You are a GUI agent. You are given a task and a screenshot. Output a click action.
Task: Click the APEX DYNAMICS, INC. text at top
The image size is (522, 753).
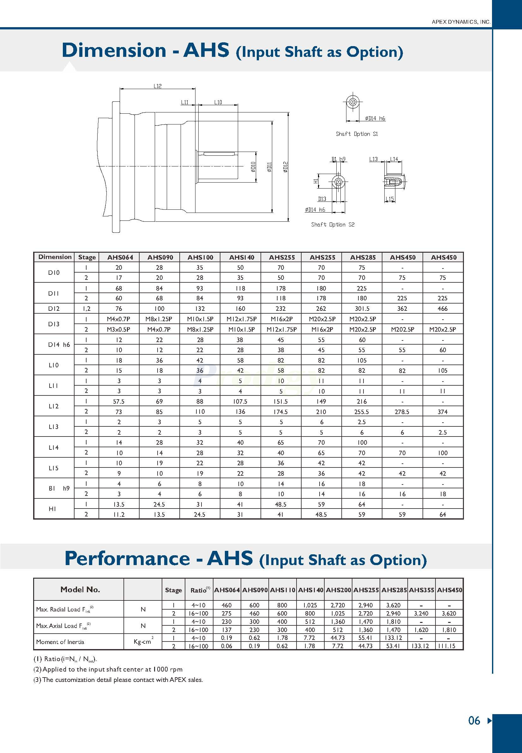point(461,22)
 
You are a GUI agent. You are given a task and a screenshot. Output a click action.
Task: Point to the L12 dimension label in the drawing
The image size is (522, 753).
point(158,86)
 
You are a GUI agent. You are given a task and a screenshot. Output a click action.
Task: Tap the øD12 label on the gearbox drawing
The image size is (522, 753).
point(285,167)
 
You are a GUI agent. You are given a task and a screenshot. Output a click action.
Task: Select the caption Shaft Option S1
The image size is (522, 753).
point(357,134)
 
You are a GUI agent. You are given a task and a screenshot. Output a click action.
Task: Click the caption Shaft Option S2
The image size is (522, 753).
point(333,224)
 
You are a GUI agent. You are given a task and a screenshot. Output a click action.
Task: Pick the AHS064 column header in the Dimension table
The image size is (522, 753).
point(120,257)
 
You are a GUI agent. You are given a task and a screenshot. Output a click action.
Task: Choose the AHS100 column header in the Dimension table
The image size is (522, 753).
point(200,257)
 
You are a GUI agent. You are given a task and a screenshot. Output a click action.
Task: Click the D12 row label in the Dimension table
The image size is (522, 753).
point(54,309)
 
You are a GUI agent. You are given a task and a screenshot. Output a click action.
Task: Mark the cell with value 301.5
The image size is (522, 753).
point(362,309)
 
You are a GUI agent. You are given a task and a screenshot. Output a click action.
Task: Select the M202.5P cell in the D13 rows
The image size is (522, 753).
point(402,329)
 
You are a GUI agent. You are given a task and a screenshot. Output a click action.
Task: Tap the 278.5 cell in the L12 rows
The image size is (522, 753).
point(402,412)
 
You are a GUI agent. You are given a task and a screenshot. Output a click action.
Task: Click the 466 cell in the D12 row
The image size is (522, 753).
point(442,309)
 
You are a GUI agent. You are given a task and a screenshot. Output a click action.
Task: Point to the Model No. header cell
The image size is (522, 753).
point(80,589)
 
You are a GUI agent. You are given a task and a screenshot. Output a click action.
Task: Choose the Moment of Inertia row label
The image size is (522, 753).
point(60,642)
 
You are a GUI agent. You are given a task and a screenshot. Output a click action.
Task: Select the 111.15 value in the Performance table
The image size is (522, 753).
point(449,646)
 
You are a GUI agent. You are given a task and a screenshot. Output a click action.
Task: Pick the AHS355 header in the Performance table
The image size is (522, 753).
point(421,590)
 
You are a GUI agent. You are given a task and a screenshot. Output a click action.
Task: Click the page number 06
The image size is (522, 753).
point(474,720)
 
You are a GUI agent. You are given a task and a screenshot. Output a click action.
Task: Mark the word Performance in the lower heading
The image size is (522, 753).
point(127,559)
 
